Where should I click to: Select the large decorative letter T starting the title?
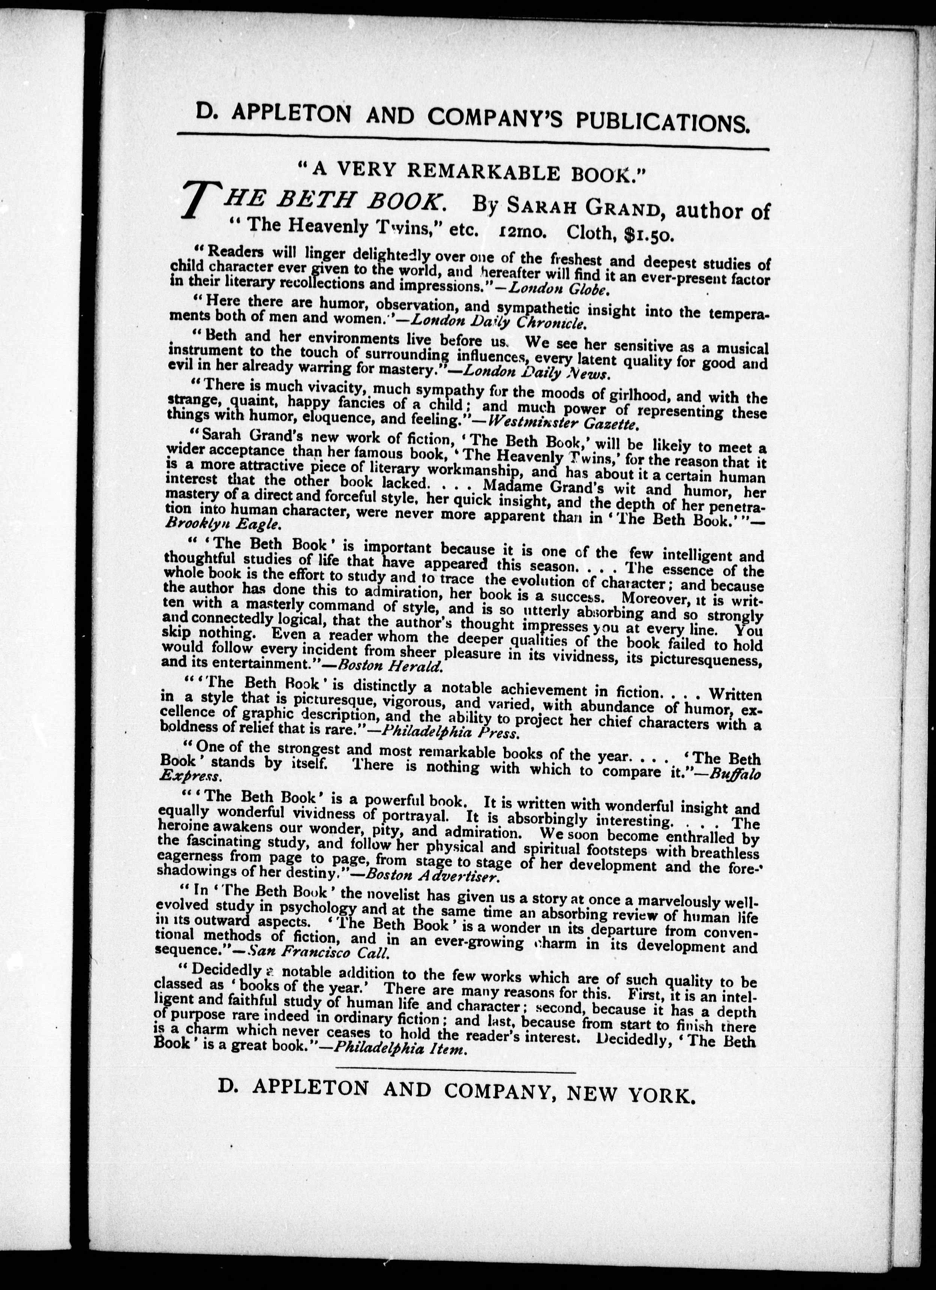point(195,203)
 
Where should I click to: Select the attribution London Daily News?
point(537,373)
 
